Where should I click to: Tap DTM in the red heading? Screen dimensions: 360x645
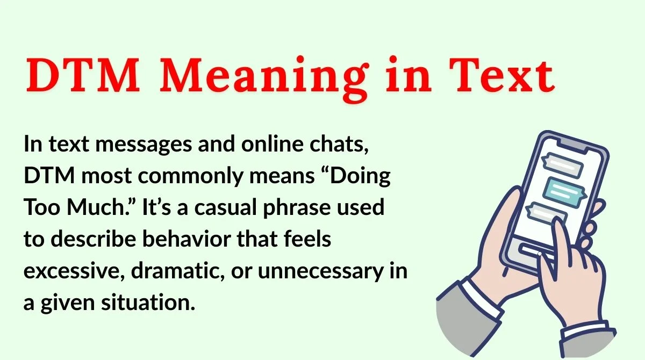(82, 76)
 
